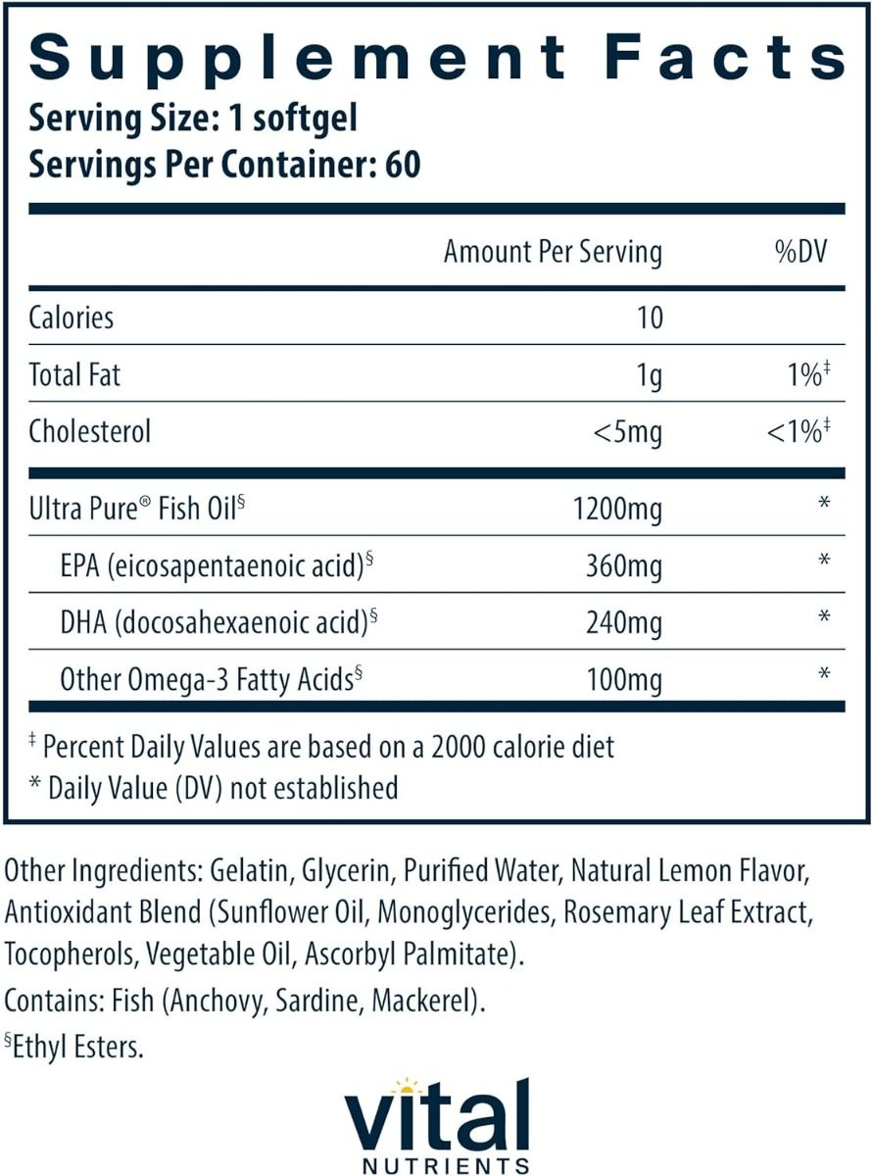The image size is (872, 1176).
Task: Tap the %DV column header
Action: click(800, 252)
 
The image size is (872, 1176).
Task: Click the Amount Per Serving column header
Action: click(553, 252)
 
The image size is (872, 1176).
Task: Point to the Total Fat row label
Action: click(74, 374)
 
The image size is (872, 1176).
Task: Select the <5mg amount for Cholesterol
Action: click(628, 431)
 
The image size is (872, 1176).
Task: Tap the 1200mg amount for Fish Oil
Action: click(615, 509)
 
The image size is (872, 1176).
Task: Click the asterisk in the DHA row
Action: click(824, 617)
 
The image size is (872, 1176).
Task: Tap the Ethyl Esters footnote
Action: click(76, 1047)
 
